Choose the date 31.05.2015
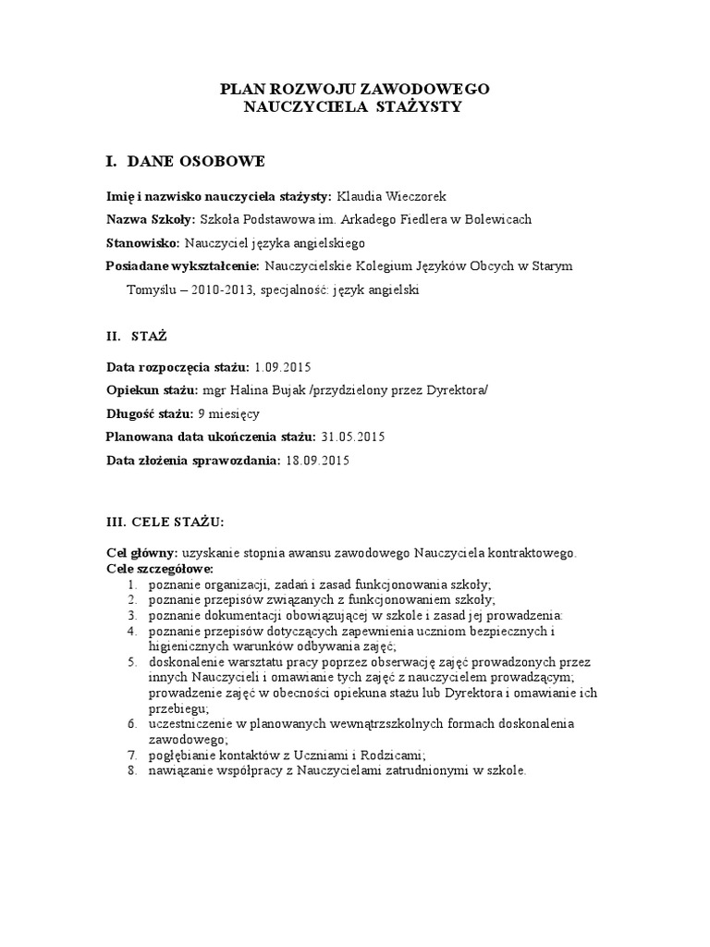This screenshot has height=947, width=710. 351,436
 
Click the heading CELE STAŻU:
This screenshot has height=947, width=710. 178,522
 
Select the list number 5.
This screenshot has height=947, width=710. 131,663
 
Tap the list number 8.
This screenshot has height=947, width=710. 131,768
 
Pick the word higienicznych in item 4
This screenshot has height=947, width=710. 186,646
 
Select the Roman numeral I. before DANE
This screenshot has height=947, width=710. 112,162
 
